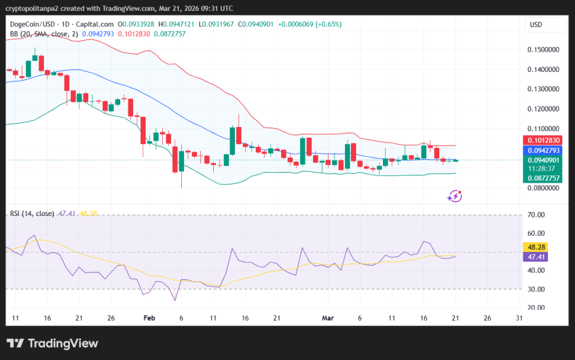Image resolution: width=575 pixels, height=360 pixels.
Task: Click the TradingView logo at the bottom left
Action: [x=52, y=344]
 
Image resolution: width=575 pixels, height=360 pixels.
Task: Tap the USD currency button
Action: [x=536, y=25]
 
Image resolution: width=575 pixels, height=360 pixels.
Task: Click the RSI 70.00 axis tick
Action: [x=537, y=215]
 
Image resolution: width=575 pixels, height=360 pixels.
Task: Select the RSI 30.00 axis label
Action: [x=537, y=289]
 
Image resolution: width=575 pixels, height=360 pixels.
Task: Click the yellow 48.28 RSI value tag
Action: [x=537, y=247]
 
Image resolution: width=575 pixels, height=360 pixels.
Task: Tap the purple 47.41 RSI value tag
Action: [x=537, y=257]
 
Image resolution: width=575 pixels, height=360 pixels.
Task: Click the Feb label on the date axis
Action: [x=149, y=317]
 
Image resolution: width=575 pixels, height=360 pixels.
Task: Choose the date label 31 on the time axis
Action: [x=519, y=317]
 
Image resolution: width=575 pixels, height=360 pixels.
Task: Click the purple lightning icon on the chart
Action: [x=455, y=196]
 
